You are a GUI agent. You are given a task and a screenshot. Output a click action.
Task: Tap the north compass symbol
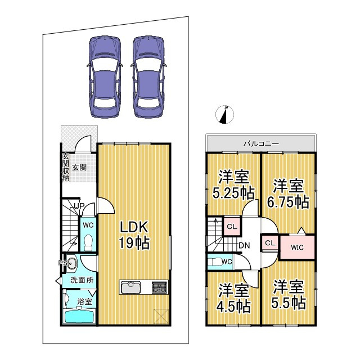point(225,114)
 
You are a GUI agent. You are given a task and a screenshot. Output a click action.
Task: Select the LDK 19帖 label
point(134,235)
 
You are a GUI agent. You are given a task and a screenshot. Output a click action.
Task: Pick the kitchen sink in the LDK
point(131,287)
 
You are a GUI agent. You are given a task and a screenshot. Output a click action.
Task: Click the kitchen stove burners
point(159,287)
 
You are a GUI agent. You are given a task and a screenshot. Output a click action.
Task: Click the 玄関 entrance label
point(79,167)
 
